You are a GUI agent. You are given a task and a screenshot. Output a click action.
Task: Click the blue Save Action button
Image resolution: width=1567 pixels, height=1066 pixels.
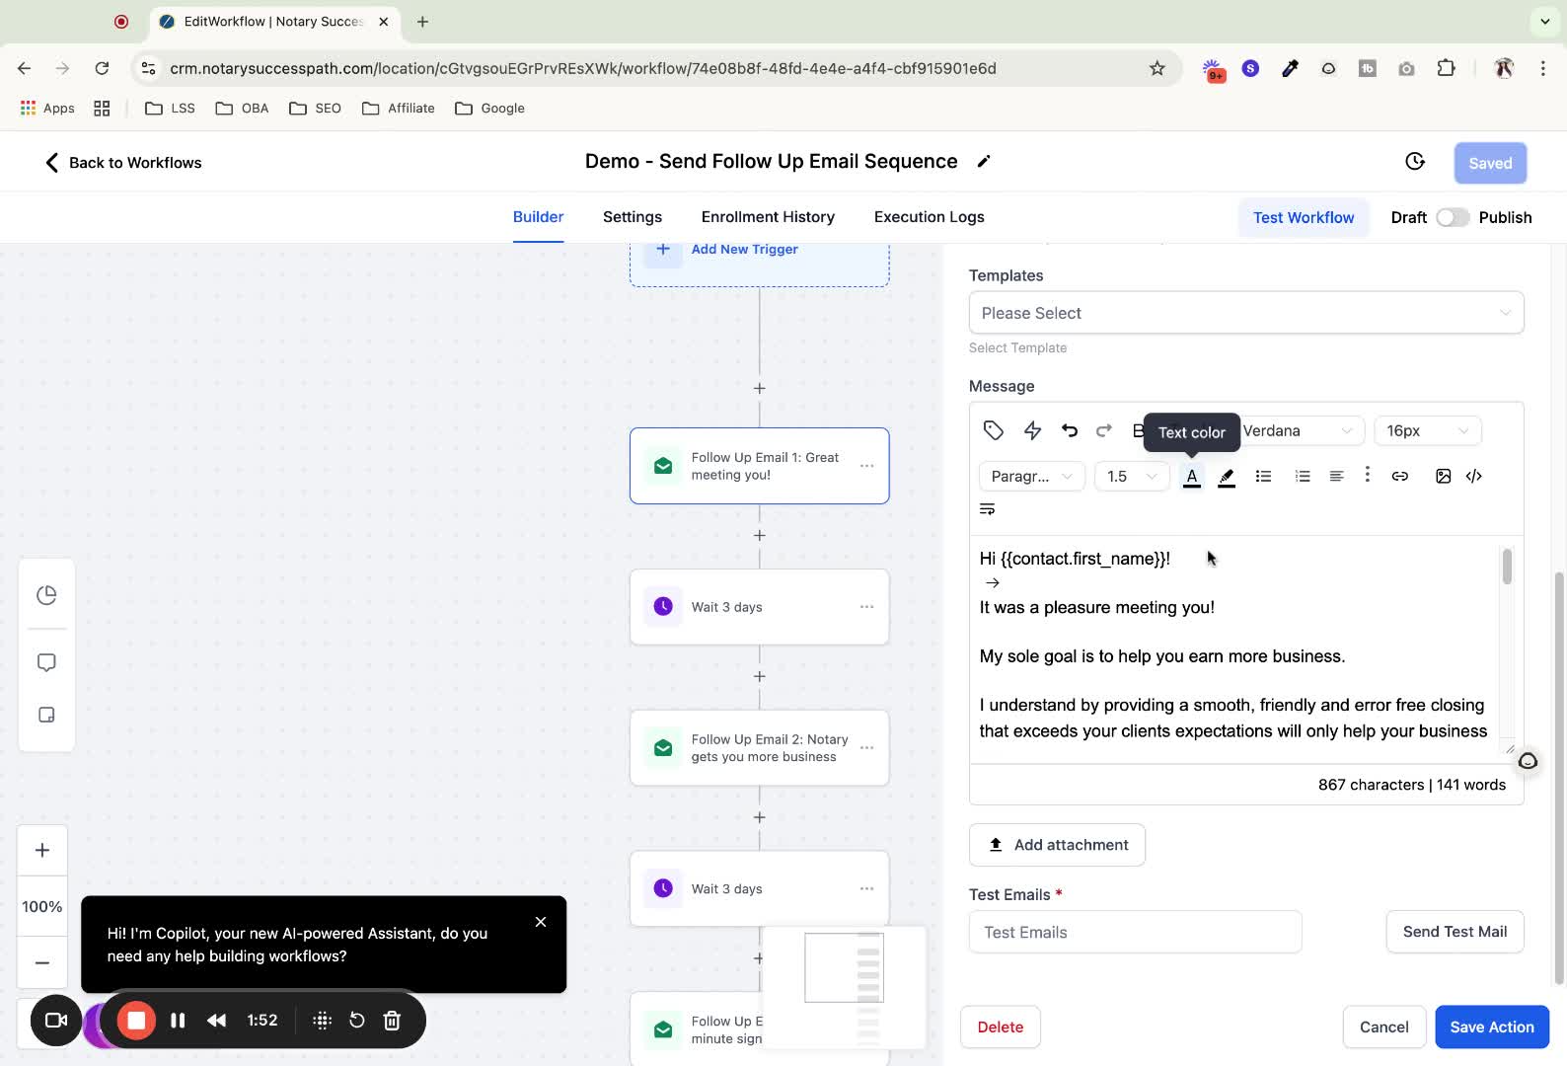pos(1491,1027)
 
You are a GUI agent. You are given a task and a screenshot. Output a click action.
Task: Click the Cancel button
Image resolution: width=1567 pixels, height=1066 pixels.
pos(1383,1027)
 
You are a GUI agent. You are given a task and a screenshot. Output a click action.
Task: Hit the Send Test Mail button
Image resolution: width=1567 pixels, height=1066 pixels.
pos(1455,931)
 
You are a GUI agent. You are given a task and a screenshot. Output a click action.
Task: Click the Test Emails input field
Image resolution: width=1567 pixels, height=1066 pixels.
pos(1135,932)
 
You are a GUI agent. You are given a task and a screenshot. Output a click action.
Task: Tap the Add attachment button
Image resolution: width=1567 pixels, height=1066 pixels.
pos(1056,844)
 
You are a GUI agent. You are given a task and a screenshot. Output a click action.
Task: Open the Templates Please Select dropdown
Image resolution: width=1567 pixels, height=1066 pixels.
pos(1246,312)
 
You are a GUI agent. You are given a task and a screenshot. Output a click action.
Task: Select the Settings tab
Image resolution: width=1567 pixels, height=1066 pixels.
pos(632,217)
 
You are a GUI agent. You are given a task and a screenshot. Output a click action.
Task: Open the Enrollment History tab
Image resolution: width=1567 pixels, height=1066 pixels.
pos(768,217)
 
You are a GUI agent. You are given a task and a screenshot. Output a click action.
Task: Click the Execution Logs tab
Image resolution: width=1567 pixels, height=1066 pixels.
pos(929,217)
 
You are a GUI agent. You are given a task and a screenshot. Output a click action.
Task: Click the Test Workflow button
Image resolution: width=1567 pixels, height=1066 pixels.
pos(1303,218)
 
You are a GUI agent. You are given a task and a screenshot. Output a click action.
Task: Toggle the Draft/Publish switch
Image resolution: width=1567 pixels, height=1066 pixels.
pos(1453,218)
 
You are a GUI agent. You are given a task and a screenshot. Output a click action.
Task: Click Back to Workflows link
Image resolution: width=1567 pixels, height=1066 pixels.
pos(123,163)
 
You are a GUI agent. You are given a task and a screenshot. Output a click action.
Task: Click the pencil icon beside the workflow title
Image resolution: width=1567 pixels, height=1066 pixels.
pos(984,162)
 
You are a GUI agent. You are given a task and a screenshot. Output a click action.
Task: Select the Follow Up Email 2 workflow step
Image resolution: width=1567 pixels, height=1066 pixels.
pos(759,747)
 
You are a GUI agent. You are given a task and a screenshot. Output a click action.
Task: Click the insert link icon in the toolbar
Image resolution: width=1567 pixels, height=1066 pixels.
pos(1399,476)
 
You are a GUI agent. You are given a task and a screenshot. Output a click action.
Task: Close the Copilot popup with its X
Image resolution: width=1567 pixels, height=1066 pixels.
pos(540,922)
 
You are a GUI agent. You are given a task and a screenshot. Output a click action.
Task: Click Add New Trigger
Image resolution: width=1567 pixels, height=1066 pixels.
pos(744,249)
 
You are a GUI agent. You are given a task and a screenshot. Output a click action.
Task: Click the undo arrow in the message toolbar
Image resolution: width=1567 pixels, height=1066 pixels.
pos(1069,430)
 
